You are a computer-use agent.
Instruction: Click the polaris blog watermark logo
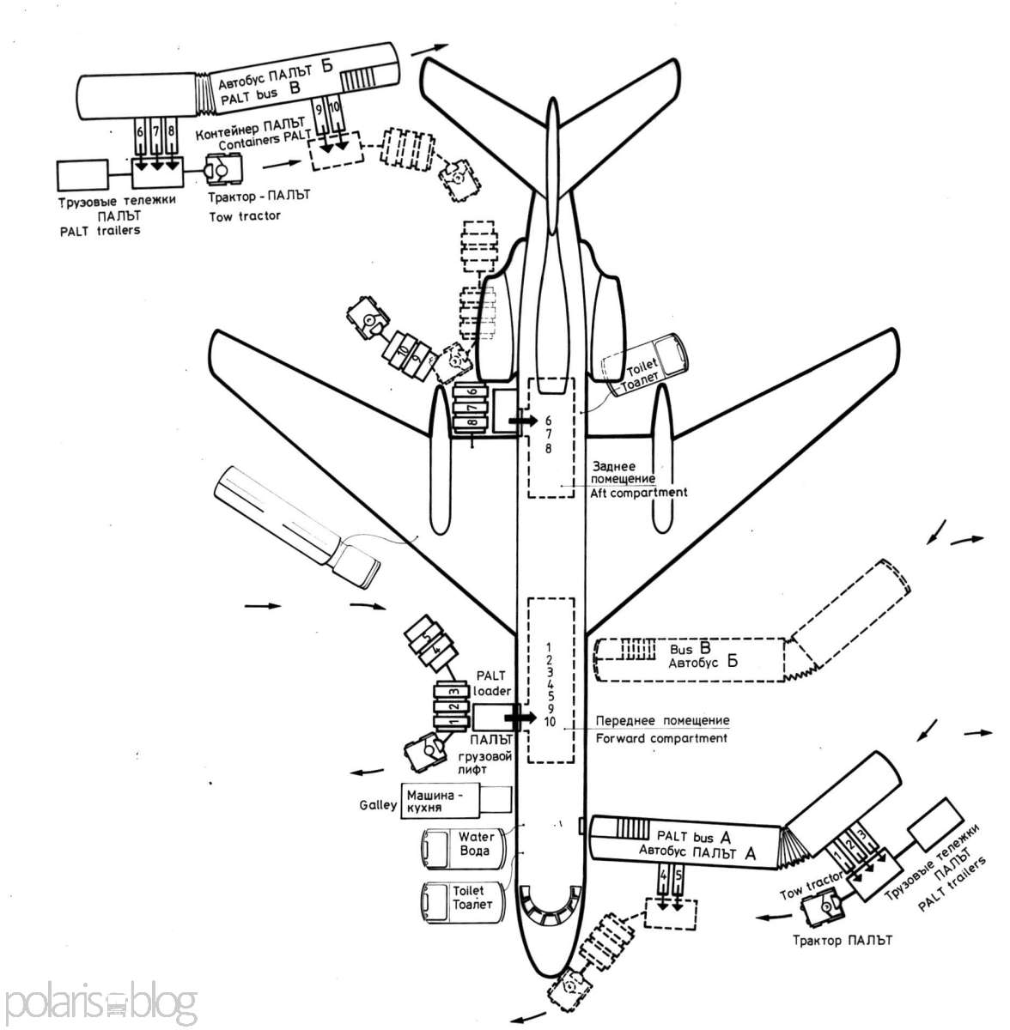(x=100, y=1002)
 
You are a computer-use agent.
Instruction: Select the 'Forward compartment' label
(x=659, y=737)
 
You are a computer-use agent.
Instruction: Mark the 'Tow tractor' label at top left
(x=244, y=216)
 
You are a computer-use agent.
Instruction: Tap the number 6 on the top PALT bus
(x=138, y=133)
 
